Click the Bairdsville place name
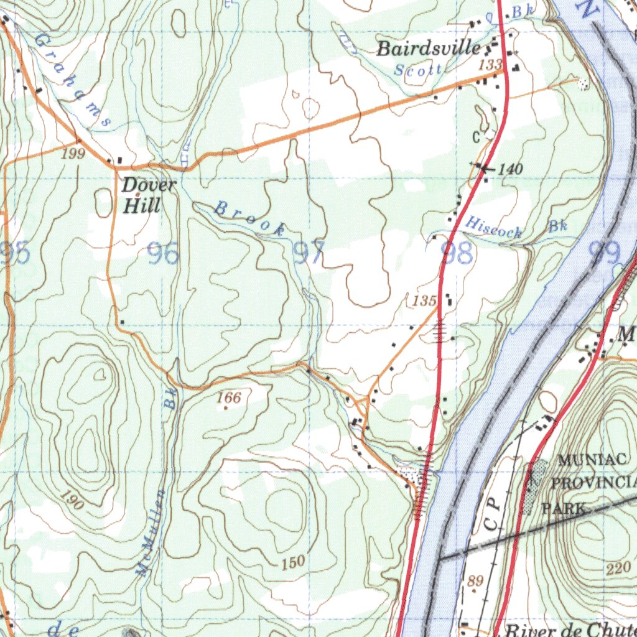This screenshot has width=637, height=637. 429,49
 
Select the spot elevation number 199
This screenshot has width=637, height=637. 73,154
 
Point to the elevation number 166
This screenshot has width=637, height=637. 230,397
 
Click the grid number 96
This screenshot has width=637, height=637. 162,254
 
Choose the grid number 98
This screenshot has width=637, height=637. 457,253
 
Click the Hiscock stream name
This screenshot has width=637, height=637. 494,228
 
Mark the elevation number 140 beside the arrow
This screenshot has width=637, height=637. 511,169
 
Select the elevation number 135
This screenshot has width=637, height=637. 424,301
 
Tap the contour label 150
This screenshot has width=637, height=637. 292,562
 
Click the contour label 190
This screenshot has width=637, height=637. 73,500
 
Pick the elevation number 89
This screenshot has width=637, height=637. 475,581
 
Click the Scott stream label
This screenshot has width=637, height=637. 419,70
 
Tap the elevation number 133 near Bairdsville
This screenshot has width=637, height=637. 490,64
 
